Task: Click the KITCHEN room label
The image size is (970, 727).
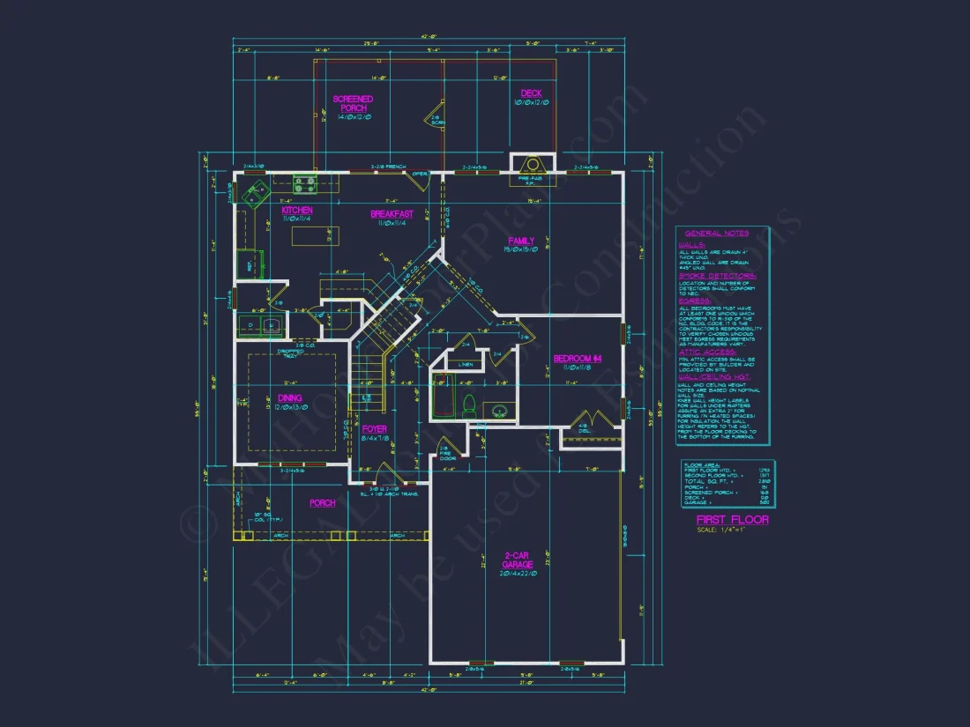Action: click(x=297, y=211)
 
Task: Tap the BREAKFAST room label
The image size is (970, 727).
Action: click(x=392, y=214)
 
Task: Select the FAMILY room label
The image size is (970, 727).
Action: click(x=521, y=241)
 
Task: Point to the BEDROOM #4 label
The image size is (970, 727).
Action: click(x=577, y=358)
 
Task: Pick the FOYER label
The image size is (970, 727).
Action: click(x=375, y=429)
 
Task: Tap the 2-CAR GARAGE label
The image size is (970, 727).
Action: click(x=517, y=560)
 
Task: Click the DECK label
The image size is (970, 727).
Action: click(x=531, y=93)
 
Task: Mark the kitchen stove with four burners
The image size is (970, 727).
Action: click(x=306, y=185)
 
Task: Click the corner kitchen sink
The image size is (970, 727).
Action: click(x=256, y=189)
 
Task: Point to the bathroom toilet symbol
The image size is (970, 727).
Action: click(x=469, y=407)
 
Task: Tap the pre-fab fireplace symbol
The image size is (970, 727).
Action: click(x=533, y=167)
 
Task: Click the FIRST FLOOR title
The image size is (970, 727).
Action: click(x=732, y=519)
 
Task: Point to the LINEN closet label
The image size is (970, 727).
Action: click(x=466, y=362)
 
